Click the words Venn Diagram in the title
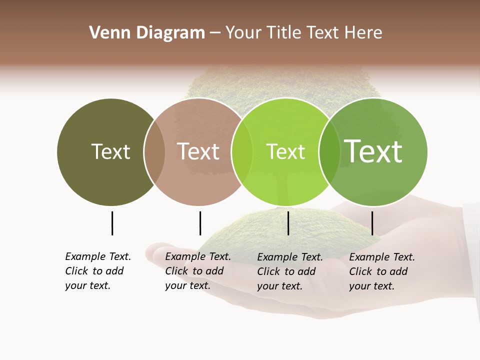pos(147,33)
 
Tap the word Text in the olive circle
pos(110,151)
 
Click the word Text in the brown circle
pos(198,151)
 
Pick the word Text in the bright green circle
pos(285,151)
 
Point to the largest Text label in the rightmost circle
pos(373,151)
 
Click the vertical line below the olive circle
pos(112,223)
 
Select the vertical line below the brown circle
pos(200,223)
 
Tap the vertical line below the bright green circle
pos(288,223)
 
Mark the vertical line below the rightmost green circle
pos(372,223)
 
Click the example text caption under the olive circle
pos(98,271)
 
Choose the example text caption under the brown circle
pos(198,271)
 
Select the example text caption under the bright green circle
pos(290,271)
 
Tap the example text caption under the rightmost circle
pos(382,271)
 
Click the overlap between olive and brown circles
pos(154,152)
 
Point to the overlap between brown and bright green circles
pos(242,152)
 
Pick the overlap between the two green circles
pos(329,152)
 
